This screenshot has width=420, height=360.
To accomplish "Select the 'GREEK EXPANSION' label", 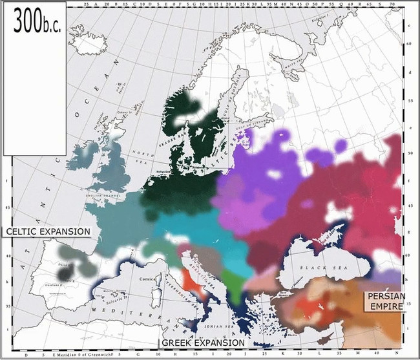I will click(203, 343).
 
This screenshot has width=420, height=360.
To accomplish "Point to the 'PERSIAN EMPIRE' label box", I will click(386, 301).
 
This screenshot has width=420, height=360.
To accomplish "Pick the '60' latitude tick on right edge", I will click(409, 45).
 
